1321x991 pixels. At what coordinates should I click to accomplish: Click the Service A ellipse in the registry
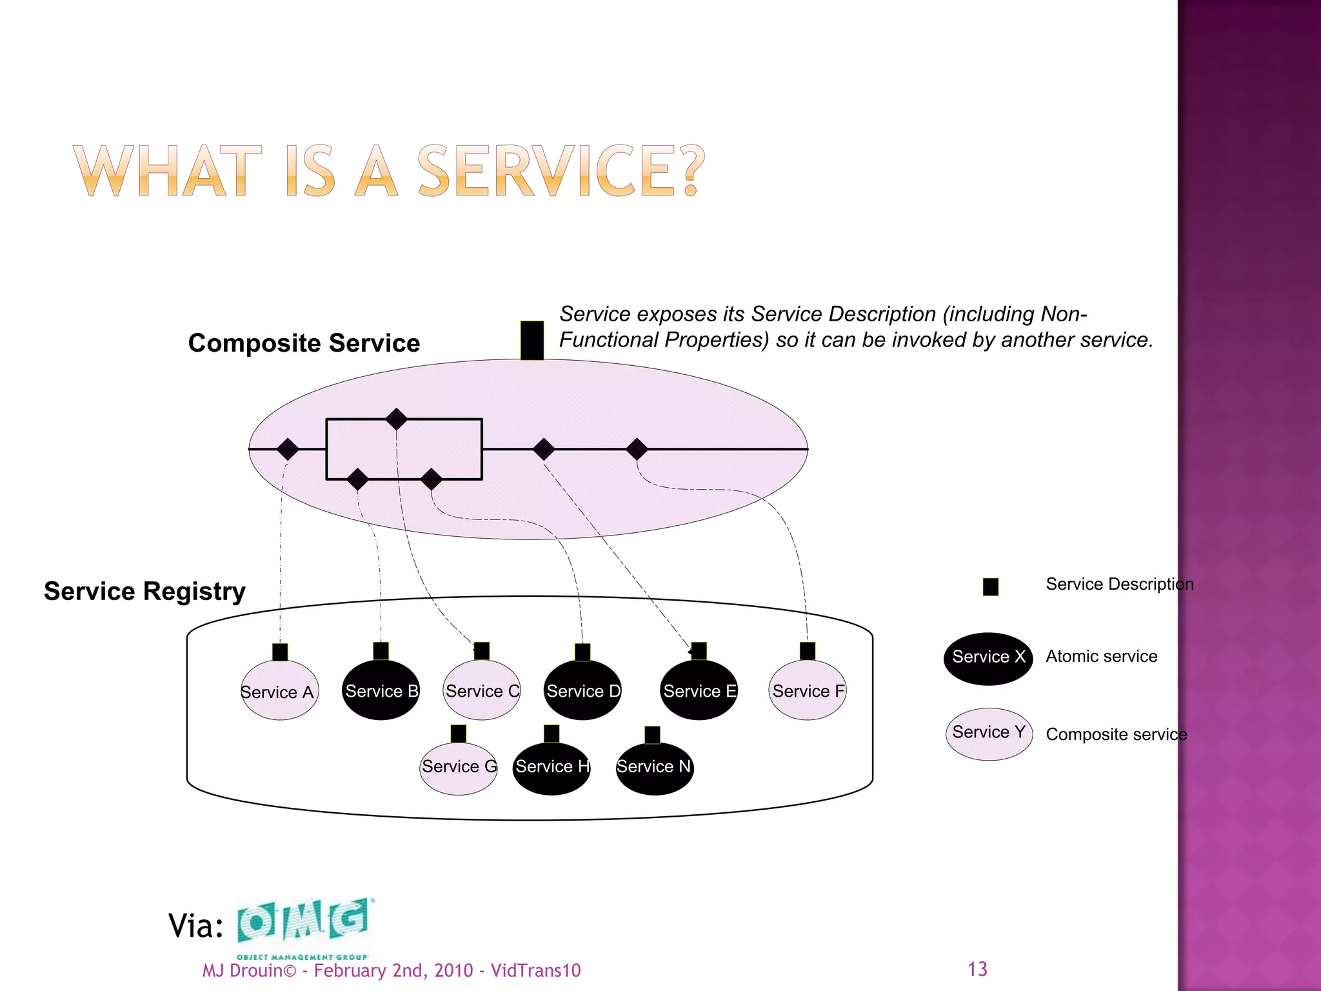[x=279, y=690]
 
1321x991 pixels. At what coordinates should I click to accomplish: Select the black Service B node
[x=381, y=690]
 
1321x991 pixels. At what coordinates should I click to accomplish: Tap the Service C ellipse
[x=482, y=690]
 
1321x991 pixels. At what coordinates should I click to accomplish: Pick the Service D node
[x=582, y=690]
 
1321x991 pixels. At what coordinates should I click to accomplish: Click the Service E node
[x=699, y=690]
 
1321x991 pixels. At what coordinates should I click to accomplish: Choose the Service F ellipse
[x=808, y=690]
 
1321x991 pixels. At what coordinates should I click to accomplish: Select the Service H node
[x=551, y=768]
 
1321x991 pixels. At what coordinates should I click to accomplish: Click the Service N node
[x=655, y=768]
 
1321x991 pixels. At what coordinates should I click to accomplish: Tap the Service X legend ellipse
[x=988, y=657]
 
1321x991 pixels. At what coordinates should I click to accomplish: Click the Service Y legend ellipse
[x=989, y=734]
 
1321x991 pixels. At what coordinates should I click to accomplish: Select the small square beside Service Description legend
[x=991, y=586]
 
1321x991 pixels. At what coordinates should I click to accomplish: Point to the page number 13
[x=977, y=969]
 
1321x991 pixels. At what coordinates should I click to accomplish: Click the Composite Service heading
[x=304, y=343]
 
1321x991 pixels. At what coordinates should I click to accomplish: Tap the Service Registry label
[x=144, y=591]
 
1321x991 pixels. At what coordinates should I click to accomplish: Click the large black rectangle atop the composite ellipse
[x=532, y=340]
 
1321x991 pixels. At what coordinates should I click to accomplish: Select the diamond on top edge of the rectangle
[x=396, y=419]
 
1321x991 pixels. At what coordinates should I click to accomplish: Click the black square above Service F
[x=808, y=650]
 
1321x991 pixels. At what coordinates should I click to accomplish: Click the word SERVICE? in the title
[x=561, y=171]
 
